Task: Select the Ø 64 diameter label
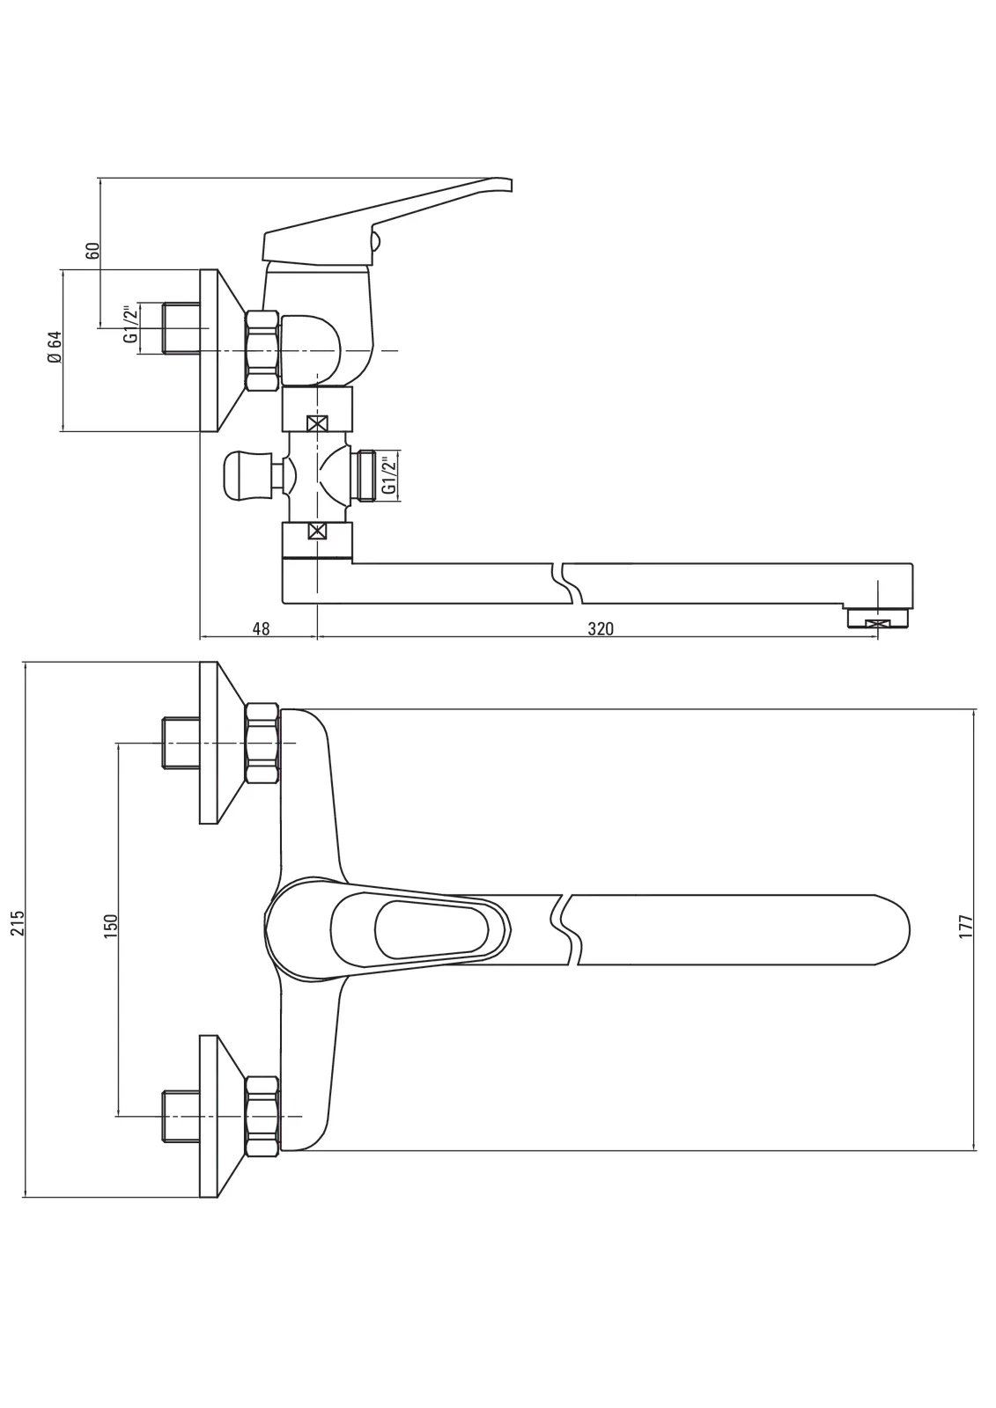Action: (55, 347)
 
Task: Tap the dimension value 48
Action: (261, 628)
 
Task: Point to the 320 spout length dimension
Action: (601, 628)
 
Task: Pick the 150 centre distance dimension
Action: (111, 927)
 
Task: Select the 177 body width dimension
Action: (966, 927)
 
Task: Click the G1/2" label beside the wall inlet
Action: (130, 325)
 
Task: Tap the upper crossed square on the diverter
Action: (318, 423)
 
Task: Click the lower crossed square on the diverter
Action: (318, 532)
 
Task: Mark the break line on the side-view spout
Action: (564, 584)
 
